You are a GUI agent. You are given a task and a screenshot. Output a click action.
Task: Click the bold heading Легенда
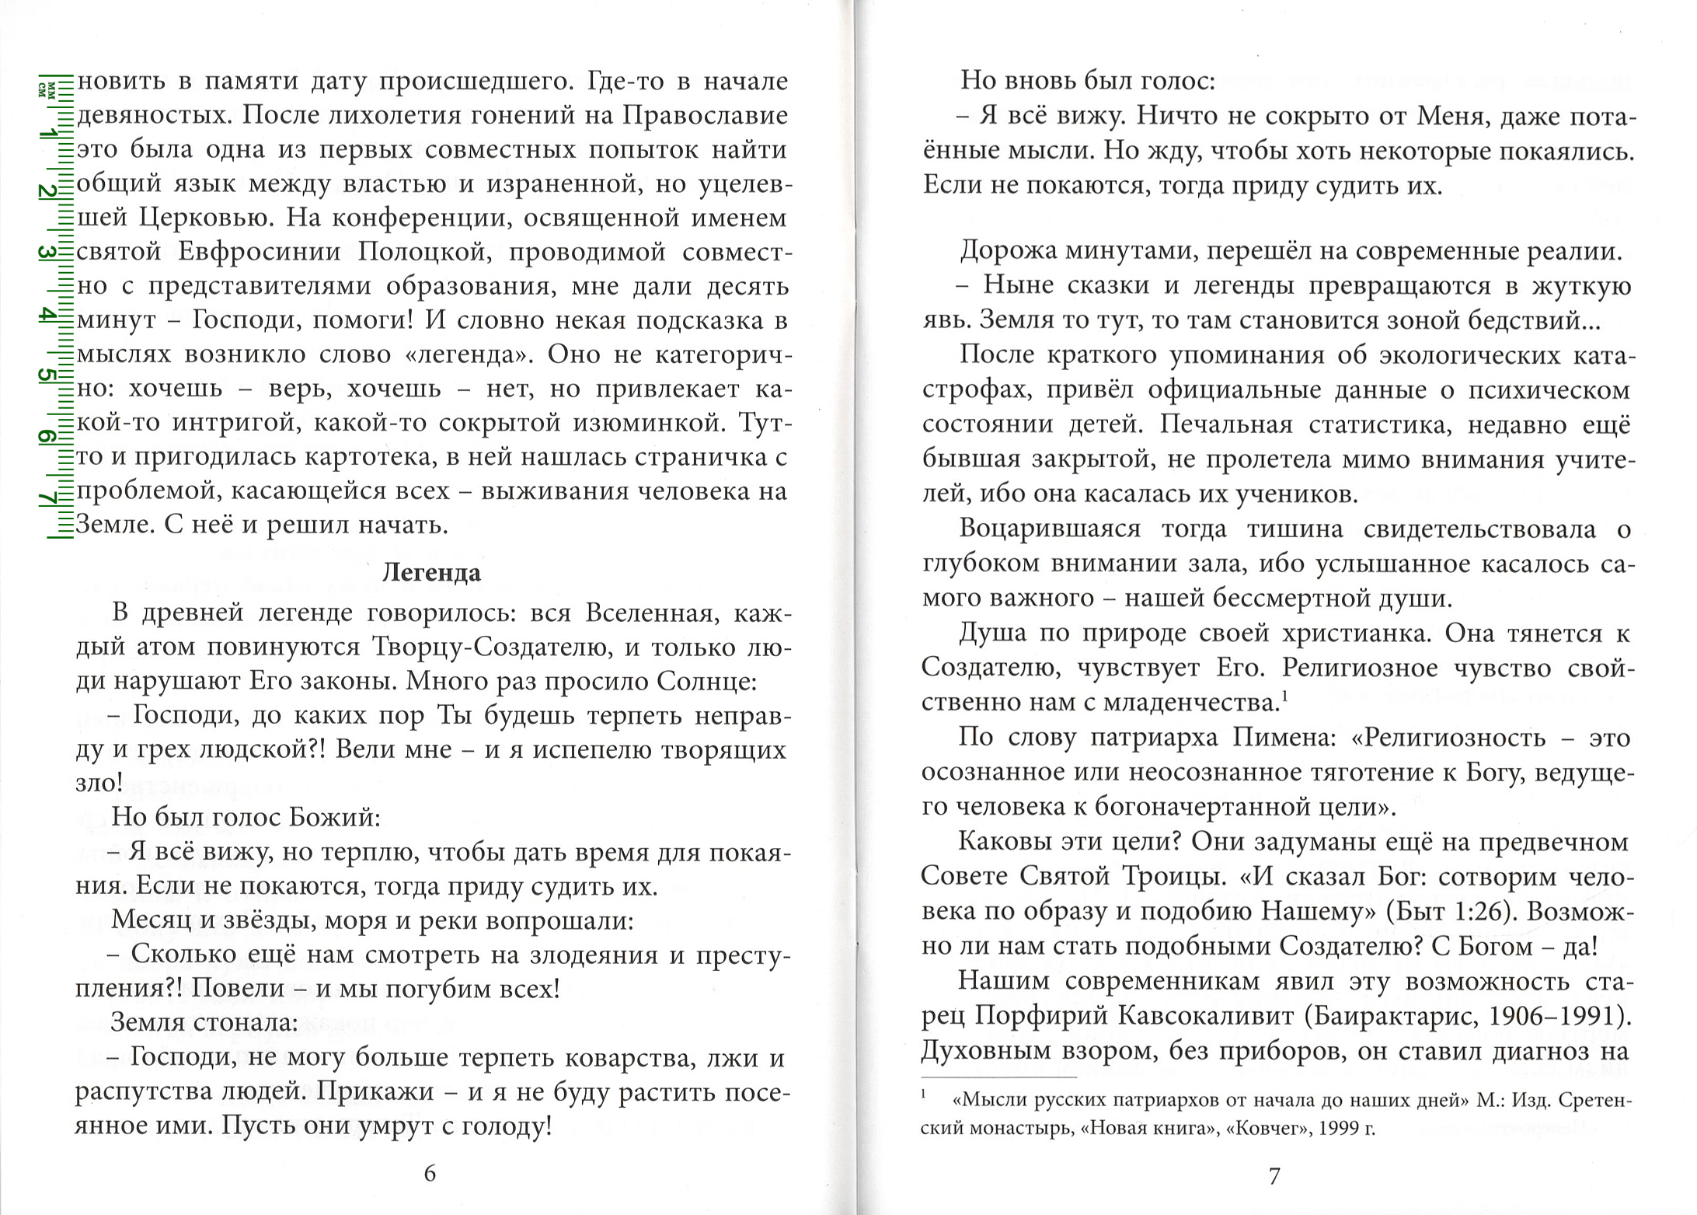point(431,573)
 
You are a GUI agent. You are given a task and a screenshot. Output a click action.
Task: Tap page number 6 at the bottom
point(430,1174)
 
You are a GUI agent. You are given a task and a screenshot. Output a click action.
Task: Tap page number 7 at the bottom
point(1274,1176)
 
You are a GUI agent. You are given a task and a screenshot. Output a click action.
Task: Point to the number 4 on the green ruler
point(48,315)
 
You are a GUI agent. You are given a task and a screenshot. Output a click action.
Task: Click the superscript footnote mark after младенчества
point(1285,697)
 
